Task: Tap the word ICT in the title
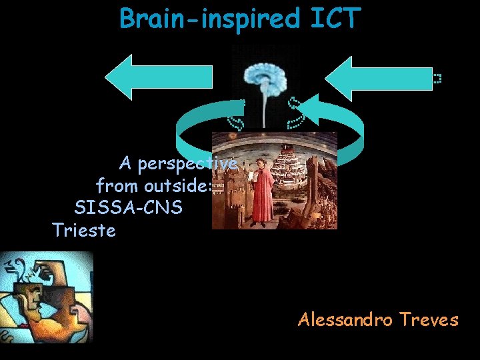(334, 19)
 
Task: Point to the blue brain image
(265, 73)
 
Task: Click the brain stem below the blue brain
(266, 110)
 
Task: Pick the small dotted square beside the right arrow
(437, 79)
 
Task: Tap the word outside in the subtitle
(177, 185)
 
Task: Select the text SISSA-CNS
(128, 207)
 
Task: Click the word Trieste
(84, 231)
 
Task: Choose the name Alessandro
(345, 320)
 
